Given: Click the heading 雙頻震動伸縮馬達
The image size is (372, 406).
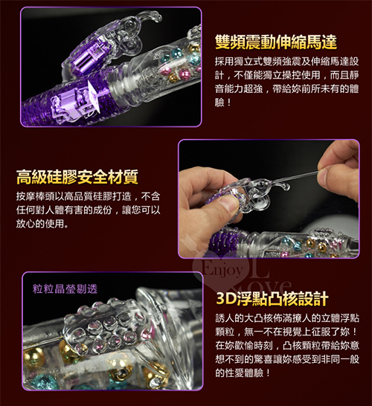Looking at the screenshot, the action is click(x=276, y=42).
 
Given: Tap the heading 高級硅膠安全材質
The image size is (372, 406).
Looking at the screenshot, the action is click(x=77, y=177).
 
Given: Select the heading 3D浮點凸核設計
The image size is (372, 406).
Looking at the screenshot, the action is click(x=272, y=299).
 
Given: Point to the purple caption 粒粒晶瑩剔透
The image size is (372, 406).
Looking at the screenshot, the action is click(x=65, y=289).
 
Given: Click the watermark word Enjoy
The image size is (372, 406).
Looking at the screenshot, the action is click(x=222, y=270).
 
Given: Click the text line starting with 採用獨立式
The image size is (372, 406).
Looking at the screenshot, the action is click(x=286, y=62).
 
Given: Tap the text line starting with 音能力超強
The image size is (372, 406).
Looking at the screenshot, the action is click(x=286, y=88).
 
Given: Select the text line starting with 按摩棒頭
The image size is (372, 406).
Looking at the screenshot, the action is click(x=88, y=196).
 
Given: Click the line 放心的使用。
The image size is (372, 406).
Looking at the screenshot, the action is click(x=42, y=224).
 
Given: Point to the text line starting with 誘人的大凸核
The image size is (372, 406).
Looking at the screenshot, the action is click(x=287, y=318).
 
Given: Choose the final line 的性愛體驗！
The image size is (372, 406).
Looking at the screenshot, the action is click(x=243, y=373).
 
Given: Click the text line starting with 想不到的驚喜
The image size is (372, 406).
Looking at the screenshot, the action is click(x=287, y=359).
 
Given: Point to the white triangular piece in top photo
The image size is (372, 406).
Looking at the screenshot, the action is click(x=93, y=97).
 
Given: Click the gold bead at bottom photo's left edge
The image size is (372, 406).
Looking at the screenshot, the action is click(x=33, y=358).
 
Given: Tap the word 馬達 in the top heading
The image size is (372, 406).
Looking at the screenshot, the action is click(x=321, y=42).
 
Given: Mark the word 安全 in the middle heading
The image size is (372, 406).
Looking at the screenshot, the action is click(x=92, y=177).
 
